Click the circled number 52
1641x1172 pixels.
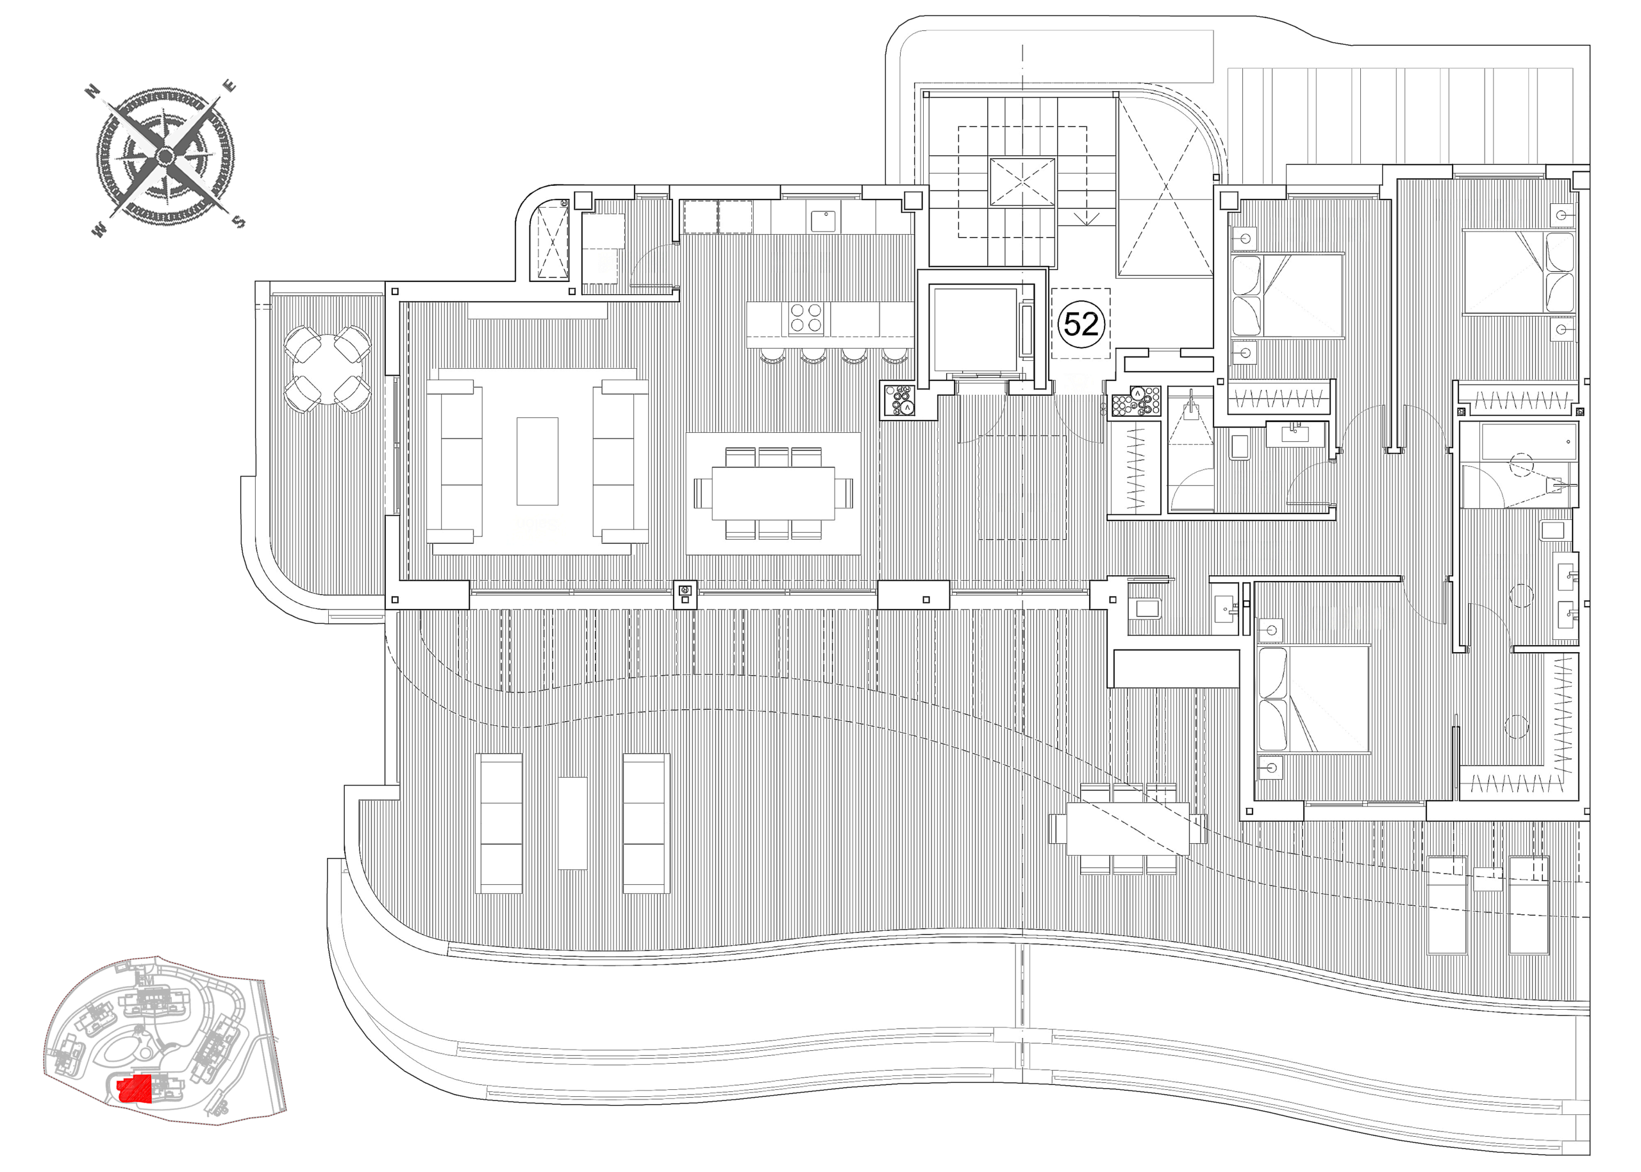point(1081,324)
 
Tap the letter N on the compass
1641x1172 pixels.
point(92,91)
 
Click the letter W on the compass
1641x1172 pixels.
point(98,231)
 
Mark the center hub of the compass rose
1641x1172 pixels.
point(165,155)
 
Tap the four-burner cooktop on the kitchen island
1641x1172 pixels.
point(806,319)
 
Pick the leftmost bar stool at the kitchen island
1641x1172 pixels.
point(772,355)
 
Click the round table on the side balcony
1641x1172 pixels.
point(328,369)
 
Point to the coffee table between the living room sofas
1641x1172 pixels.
point(537,461)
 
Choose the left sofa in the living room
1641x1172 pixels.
point(454,462)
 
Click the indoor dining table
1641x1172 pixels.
point(773,493)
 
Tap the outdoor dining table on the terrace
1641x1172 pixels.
point(1128,828)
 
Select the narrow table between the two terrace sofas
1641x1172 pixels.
point(572,823)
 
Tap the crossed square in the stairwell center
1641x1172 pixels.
point(1022,183)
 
